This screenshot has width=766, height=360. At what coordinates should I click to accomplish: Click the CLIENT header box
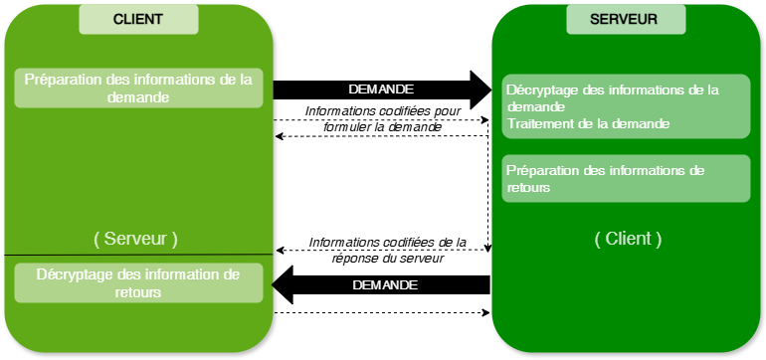click(x=138, y=19)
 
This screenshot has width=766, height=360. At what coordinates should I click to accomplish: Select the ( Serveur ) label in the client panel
click(x=135, y=239)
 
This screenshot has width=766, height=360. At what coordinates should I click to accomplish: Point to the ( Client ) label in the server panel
click(x=628, y=239)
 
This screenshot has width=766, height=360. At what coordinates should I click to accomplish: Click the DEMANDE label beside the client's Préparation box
click(x=381, y=90)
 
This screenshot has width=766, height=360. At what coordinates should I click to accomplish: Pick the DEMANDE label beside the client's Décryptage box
click(x=385, y=285)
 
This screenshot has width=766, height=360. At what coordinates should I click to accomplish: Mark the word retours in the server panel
click(x=528, y=187)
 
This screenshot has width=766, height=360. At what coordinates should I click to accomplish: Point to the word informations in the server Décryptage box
click(x=646, y=90)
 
